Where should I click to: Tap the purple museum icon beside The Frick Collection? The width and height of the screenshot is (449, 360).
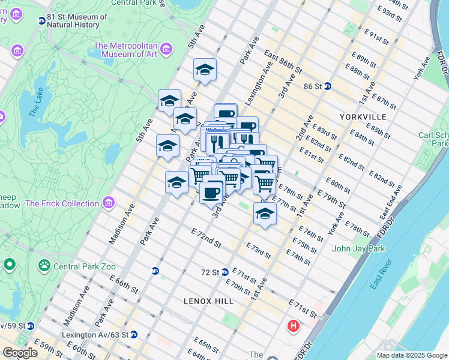point(108,203)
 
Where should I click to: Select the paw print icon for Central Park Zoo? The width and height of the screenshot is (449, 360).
point(44,264)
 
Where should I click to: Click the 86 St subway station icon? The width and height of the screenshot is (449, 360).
point(328,86)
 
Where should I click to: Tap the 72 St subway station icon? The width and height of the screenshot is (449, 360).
point(224,272)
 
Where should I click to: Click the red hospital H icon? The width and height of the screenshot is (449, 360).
point(294,326)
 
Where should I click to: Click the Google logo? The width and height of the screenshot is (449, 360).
point(20,353)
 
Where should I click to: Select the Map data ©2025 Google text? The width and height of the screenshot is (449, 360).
point(412,355)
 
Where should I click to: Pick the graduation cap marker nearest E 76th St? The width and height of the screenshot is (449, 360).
point(265,213)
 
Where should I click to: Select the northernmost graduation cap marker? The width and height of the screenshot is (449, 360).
point(205,70)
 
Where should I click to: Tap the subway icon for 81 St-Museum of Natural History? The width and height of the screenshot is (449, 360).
point(42,21)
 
